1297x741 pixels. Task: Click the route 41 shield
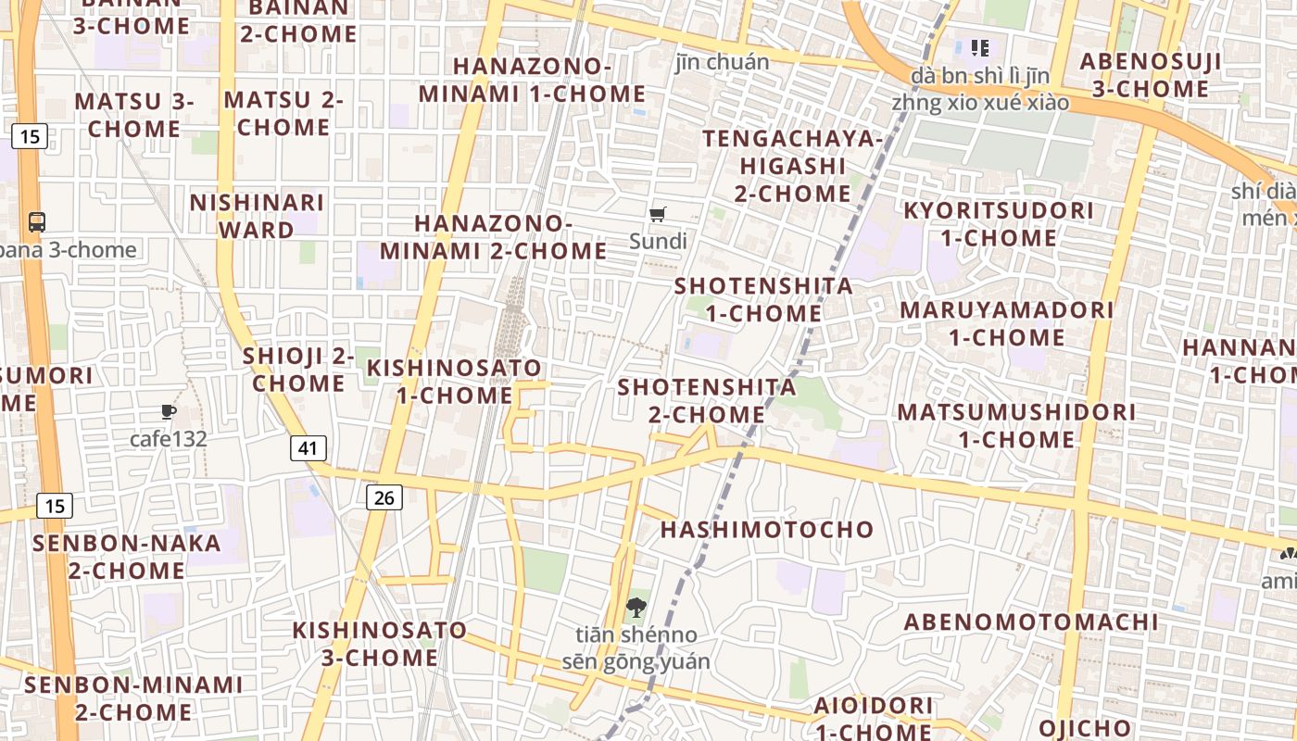(x=309, y=448)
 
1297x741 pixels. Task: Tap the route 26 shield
(x=384, y=497)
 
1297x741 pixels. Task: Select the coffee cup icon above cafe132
(x=168, y=412)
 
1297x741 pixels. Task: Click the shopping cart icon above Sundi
(x=658, y=215)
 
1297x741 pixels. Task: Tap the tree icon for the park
(x=636, y=609)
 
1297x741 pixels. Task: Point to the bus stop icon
(x=37, y=222)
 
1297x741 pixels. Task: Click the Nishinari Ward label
(x=257, y=216)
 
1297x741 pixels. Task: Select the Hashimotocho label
(x=767, y=530)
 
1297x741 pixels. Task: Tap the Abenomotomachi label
(x=1031, y=622)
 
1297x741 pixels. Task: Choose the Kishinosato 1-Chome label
(x=454, y=382)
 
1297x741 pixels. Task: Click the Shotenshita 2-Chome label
(x=707, y=401)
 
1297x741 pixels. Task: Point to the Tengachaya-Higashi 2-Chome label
(x=792, y=166)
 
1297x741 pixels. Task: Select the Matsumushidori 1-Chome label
(x=1016, y=425)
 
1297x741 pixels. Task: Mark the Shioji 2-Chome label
(x=298, y=370)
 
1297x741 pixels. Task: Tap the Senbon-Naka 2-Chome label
(x=127, y=557)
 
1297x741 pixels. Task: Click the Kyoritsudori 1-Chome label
(x=999, y=224)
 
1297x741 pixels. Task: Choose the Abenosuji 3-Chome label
(x=1151, y=75)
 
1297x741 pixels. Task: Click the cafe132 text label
(x=168, y=439)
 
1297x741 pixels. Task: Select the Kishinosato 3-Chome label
(x=380, y=644)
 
